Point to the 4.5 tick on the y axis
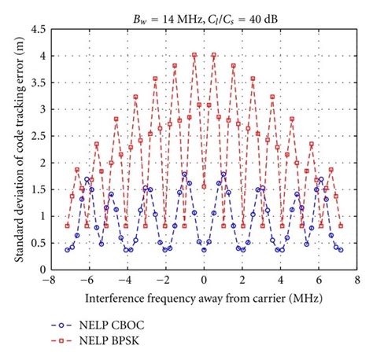click(x=36, y=30)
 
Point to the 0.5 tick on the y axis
click(x=36, y=243)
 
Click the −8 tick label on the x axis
click(x=49, y=281)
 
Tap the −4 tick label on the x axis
click(x=126, y=281)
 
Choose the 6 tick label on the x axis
click(x=319, y=281)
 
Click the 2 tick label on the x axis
click(x=242, y=281)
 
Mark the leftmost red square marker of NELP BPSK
click(x=68, y=226)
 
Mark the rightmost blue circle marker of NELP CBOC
click(x=340, y=250)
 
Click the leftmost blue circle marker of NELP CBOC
click(x=68, y=250)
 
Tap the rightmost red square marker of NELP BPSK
click(x=340, y=226)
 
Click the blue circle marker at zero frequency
click(x=204, y=250)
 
